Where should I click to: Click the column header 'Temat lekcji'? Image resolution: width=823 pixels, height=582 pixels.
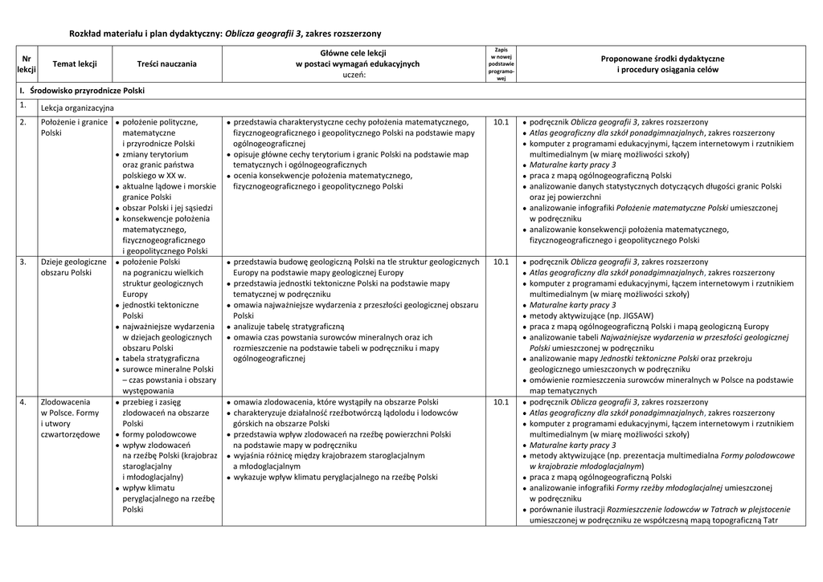point(75,63)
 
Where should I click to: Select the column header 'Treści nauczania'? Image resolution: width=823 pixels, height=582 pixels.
point(166,63)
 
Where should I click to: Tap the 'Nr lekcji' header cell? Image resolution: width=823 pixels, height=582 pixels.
point(27,64)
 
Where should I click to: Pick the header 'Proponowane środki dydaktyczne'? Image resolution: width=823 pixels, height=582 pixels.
point(662,59)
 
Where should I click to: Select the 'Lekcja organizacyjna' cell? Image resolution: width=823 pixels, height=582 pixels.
point(77,107)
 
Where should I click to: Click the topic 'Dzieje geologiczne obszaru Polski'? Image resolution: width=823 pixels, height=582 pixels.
point(73,267)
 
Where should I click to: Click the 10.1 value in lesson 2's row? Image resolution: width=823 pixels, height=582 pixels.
point(501,122)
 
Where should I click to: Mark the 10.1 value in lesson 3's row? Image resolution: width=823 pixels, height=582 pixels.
point(501,262)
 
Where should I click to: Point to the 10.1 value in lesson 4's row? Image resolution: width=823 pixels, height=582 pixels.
point(501,401)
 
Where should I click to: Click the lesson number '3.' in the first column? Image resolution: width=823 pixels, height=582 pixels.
point(23,262)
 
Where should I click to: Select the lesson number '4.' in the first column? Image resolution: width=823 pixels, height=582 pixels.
point(23,401)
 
